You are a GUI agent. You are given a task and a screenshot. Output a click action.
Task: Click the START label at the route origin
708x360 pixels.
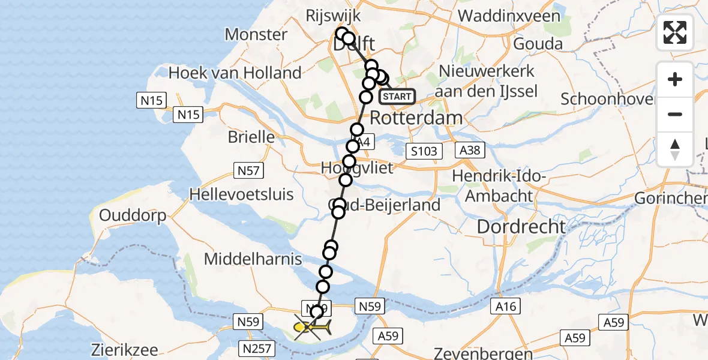point(397,96)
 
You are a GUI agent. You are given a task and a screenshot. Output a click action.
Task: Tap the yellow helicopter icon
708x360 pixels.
point(312,328)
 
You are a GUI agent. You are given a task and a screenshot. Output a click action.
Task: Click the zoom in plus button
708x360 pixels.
point(675,79)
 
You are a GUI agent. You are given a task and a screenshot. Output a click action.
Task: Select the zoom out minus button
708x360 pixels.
point(675,114)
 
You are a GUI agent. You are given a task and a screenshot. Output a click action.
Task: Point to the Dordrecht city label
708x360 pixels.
point(521,226)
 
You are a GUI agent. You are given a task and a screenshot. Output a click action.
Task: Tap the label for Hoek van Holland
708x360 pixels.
point(235,73)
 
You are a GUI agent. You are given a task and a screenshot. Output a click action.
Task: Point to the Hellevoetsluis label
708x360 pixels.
point(241,194)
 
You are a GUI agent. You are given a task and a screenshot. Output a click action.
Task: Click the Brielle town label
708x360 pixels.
point(251,136)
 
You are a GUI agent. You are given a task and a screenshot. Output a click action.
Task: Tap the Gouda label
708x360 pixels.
point(538,44)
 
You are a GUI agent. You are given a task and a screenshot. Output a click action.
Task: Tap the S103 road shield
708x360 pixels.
point(424,151)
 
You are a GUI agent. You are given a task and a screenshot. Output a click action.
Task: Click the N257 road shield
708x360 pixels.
point(258,347)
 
